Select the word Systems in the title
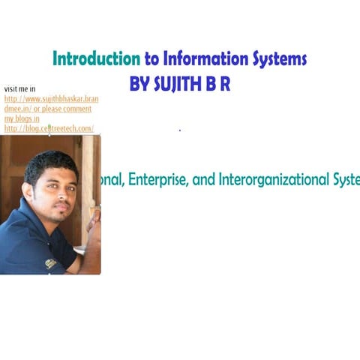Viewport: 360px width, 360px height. (x=280, y=59)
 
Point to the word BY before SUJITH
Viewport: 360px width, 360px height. (x=140, y=85)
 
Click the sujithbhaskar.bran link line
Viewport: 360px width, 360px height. (x=51, y=99)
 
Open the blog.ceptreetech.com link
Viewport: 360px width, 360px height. (x=49, y=129)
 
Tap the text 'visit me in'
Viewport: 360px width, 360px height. (x=19, y=89)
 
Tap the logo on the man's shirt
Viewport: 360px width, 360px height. (x=50, y=263)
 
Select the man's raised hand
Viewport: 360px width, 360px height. (x=94, y=222)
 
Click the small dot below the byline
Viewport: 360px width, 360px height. (x=180, y=130)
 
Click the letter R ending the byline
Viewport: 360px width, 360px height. (x=224, y=85)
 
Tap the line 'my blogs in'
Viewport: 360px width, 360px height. (x=22, y=118)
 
